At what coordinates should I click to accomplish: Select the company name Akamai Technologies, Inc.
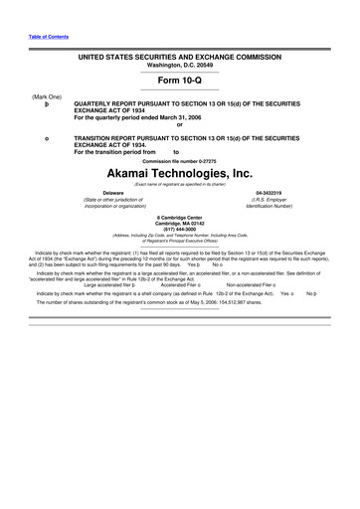click(x=180, y=171)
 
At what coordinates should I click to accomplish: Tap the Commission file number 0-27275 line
click(x=180, y=160)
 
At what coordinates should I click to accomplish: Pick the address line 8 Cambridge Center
click(x=180, y=216)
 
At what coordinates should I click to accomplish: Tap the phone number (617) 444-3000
click(x=180, y=228)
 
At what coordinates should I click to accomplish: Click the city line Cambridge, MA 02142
click(x=180, y=222)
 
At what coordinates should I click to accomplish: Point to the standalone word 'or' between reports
click(x=180, y=123)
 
